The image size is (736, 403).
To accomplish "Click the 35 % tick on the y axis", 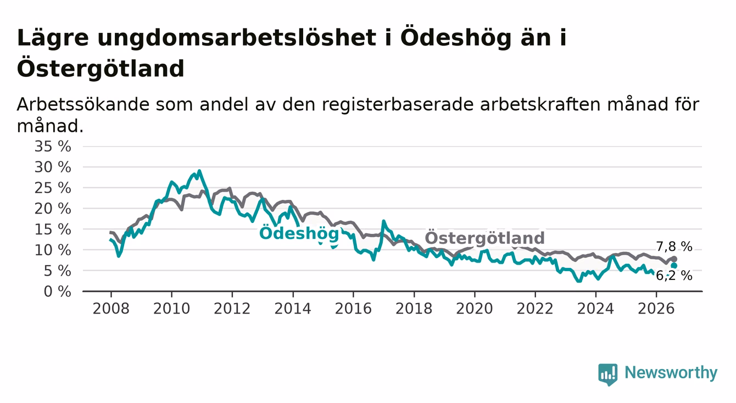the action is (x=53, y=147).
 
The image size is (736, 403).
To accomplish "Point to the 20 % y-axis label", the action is (x=53, y=209).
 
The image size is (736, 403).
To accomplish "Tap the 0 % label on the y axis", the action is (x=57, y=292).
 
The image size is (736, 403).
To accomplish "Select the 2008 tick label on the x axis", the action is (x=111, y=309).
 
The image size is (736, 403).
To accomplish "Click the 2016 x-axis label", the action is (x=353, y=309).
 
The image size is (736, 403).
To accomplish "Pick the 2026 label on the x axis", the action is (x=656, y=309).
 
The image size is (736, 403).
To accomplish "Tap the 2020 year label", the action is (x=475, y=309).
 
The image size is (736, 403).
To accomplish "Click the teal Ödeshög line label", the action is (x=299, y=234).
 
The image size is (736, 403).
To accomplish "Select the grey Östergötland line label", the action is (x=484, y=238).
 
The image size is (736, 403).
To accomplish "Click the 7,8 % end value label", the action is (x=674, y=247).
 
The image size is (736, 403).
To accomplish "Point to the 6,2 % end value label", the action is (x=674, y=276).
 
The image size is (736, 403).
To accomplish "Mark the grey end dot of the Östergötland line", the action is (x=674, y=259).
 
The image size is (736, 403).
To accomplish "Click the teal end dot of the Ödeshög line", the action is (x=674, y=265).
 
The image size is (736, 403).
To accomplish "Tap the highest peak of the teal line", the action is (x=199, y=171).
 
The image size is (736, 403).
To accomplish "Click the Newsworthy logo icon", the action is (x=607, y=374).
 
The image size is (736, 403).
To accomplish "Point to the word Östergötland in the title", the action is (x=101, y=69).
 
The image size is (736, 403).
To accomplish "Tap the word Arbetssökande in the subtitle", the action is (x=83, y=105).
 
